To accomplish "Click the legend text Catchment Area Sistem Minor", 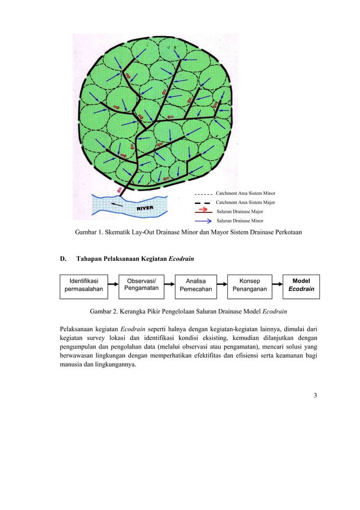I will click(245, 193).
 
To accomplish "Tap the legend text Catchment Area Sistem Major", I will click(245, 202).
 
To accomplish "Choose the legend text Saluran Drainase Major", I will click(240, 211).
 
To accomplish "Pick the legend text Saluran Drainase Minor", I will click(240, 221).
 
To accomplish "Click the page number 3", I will click(315, 395).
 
